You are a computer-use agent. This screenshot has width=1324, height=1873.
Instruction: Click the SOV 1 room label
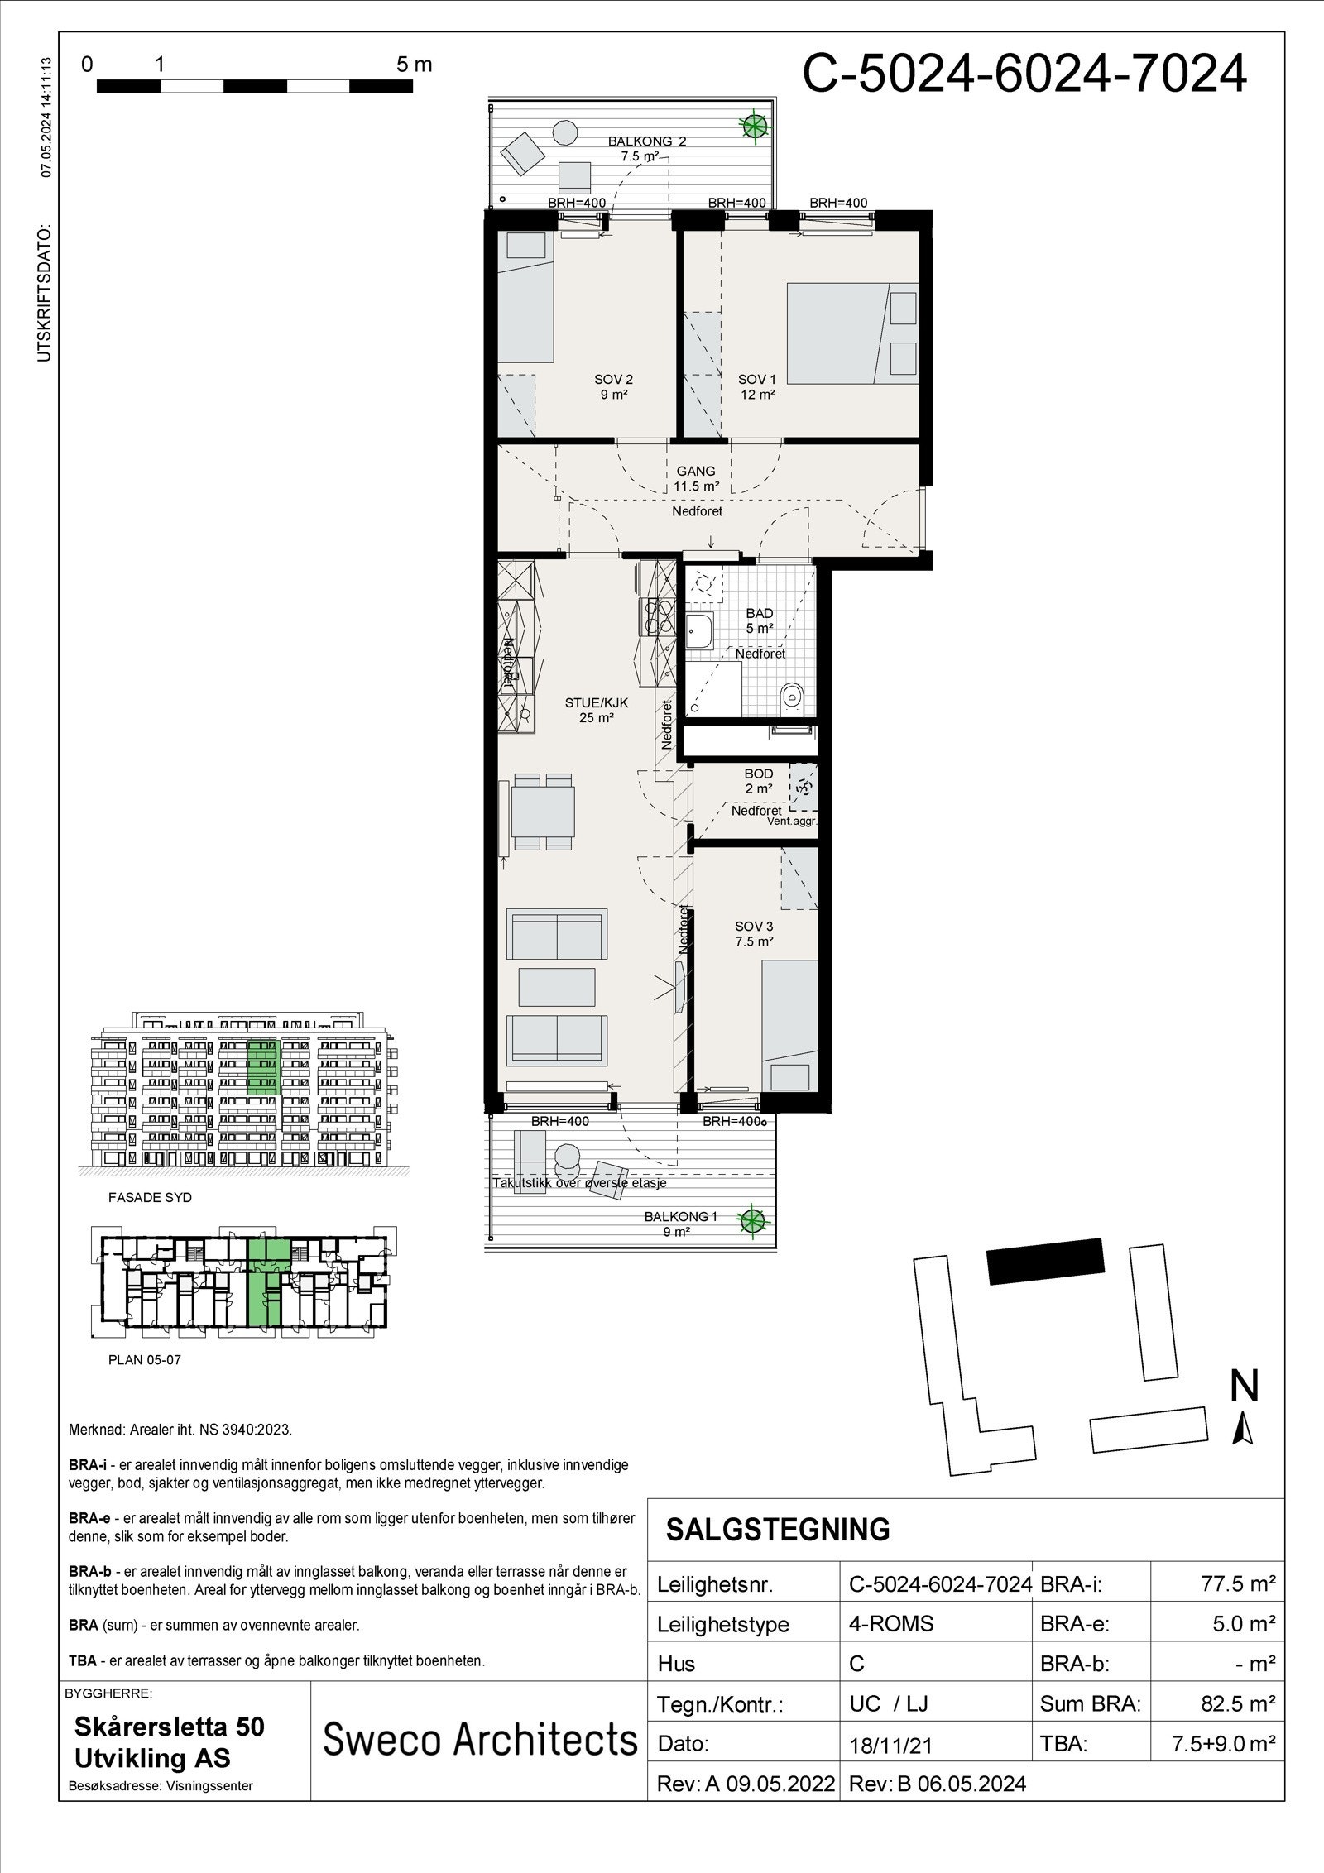click(x=756, y=387)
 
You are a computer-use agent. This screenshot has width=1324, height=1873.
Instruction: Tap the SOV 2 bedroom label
click(x=613, y=387)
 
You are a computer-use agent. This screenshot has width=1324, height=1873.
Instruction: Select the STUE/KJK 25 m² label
click(x=597, y=711)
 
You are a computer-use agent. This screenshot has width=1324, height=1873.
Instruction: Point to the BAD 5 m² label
click(x=759, y=620)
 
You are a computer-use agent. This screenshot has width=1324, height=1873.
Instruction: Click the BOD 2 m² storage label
click(x=758, y=782)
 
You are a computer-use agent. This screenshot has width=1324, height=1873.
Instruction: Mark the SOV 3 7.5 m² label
click(x=753, y=934)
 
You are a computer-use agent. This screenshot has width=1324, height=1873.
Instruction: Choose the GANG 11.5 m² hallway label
click(x=695, y=479)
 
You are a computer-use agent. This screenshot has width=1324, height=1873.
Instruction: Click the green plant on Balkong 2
click(x=754, y=126)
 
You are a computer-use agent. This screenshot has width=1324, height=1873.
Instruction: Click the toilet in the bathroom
click(x=792, y=697)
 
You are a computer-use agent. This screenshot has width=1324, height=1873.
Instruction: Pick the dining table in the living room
click(x=543, y=812)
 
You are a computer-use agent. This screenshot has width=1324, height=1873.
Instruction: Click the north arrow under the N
click(x=1242, y=1429)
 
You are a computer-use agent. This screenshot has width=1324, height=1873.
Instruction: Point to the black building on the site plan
click(x=1046, y=1261)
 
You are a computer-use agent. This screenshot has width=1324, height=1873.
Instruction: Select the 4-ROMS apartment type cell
click(x=890, y=1623)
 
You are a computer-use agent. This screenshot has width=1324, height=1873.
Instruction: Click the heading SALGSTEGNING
click(x=777, y=1530)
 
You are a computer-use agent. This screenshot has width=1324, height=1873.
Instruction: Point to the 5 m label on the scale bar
click(x=414, y=65)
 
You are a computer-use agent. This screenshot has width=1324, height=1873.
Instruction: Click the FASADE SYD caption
click(x=150, y=1197)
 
